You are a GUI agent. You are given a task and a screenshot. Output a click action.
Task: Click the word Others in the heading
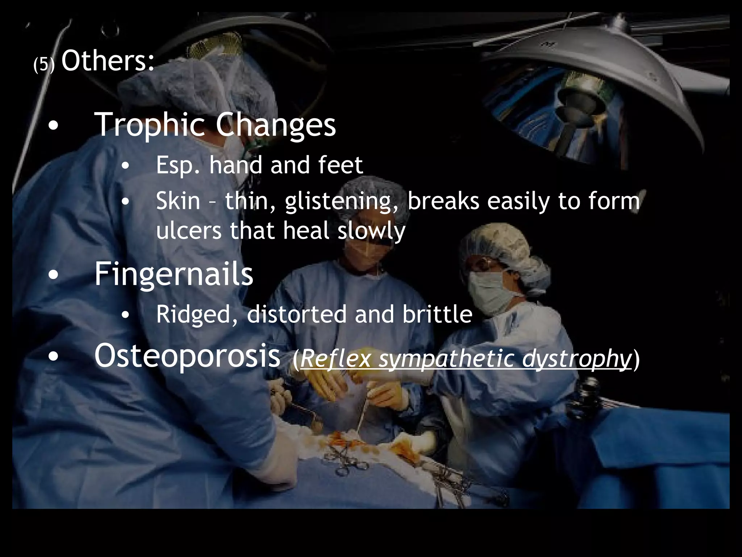tap(108, 61)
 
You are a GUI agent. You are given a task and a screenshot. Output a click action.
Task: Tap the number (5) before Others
tap(43, 65)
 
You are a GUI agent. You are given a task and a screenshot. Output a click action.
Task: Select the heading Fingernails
tap(174, 275)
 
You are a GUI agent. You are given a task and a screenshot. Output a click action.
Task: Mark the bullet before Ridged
tap(125, 315)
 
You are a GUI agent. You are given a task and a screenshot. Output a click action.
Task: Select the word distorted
tap(296, 314)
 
